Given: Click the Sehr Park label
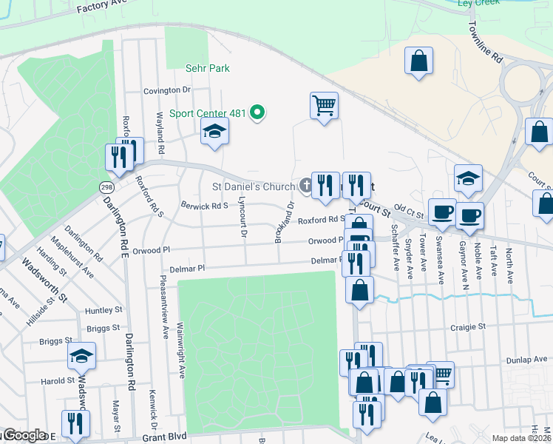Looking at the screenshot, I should [x=207, y=68].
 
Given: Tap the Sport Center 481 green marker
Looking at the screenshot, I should [x=257, y=113].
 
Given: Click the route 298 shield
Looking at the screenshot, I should [x=106, y=187].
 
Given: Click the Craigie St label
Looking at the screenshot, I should [x=468, y=326].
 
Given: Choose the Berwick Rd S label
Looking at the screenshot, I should [x=205, y=206].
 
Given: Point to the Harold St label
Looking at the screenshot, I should [x=58, y=381].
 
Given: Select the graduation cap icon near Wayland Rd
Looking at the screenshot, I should [x=214, y=131].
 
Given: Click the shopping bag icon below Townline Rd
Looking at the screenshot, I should [x=418, y=61].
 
